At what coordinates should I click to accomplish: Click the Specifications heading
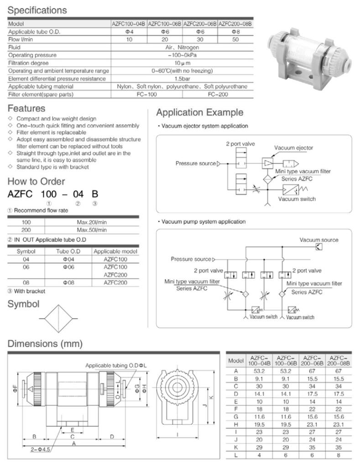(37, 10)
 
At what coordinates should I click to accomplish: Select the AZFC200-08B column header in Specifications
(235, 23)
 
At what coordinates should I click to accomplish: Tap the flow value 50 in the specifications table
(235, 40)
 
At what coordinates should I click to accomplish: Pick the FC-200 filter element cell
(217, 94)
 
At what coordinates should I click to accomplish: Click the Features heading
(26, 108)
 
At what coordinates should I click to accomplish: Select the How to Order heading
(36, 181)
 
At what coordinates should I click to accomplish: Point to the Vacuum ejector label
(294, 148)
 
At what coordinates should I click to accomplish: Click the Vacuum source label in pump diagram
(319, 240)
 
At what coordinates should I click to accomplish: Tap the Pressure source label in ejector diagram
(195, 163)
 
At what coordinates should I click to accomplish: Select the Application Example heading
(200, 112)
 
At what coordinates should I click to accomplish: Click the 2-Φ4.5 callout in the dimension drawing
(41, 449)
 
